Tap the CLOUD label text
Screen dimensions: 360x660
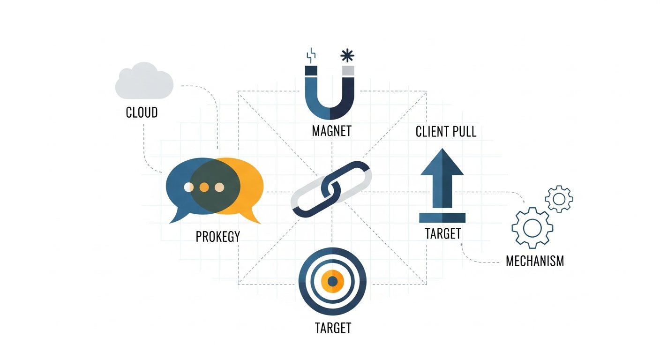(x=142, y=113)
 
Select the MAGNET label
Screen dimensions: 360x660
(x=331, y=130)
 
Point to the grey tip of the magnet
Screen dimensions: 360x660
(x=348, y=71)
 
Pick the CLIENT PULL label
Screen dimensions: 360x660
(x=446, y=132)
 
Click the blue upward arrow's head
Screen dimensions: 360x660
(x=442, y=162)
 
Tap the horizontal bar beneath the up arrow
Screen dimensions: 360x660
(x=442, y=217)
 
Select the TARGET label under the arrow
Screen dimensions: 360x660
(x=442, y=233)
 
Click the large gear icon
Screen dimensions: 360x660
(x=532, y=228)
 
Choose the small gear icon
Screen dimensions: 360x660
(x=559, y=199)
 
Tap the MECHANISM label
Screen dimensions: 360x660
(x=535, y=261)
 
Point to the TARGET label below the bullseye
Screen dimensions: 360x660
(x=332, y=328)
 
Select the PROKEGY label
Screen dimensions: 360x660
(x=217, y=236)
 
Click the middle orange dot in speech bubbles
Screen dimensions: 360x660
(x=204, y=187)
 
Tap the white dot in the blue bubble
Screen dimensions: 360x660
(x=188, y=187)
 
